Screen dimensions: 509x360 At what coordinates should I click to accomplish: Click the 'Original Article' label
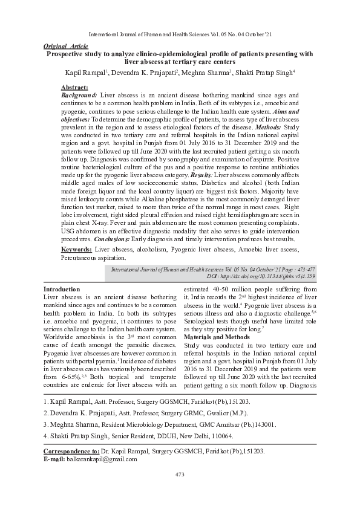66,46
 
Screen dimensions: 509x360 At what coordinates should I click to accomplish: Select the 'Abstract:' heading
75,88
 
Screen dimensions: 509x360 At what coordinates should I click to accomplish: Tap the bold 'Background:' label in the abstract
79,96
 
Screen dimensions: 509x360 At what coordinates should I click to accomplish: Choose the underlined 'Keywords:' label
77,249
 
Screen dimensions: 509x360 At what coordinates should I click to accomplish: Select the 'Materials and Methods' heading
215,336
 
